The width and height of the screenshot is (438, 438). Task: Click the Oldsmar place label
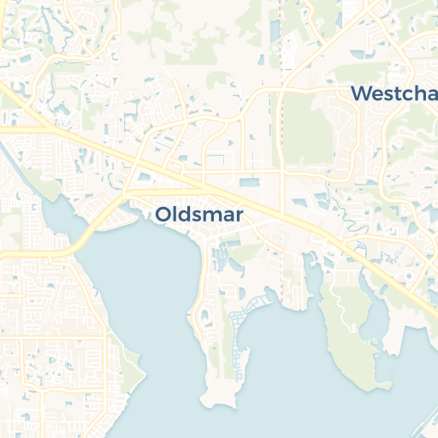199,215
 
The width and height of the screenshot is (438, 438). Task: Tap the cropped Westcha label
394,93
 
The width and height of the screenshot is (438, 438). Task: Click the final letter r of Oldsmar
240,216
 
